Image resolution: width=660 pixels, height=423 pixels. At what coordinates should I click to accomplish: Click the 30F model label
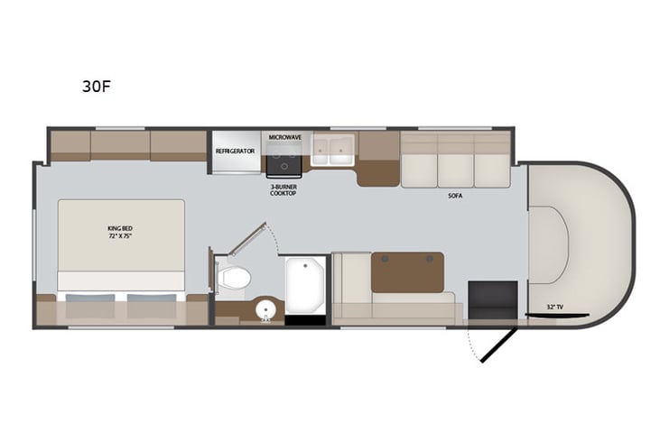97,87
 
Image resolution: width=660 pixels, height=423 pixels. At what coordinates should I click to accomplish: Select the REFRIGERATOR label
235,151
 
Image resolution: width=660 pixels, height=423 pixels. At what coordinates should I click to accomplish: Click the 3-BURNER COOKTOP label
284,189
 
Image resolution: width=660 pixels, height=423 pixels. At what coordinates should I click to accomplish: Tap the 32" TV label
554,308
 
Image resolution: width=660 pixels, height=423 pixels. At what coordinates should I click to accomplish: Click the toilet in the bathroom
234,277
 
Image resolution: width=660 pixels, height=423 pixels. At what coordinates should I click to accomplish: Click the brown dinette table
407,271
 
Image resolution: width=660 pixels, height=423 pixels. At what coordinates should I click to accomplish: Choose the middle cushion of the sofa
455,168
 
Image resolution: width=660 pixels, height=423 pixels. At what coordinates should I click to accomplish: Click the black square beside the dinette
492,299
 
